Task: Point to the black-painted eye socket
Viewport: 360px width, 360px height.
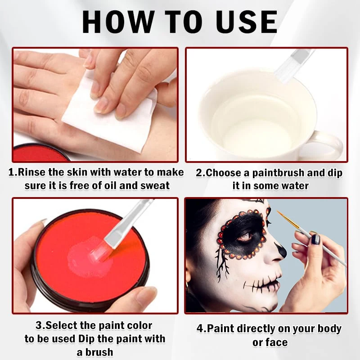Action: pos(243,234)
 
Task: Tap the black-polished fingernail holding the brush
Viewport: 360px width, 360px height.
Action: pos(315,239)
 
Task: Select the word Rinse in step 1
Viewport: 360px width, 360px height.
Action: pos(36,172)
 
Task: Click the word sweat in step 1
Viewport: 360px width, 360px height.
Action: pos(154,185)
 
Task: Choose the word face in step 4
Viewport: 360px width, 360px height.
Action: pos(276,342)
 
